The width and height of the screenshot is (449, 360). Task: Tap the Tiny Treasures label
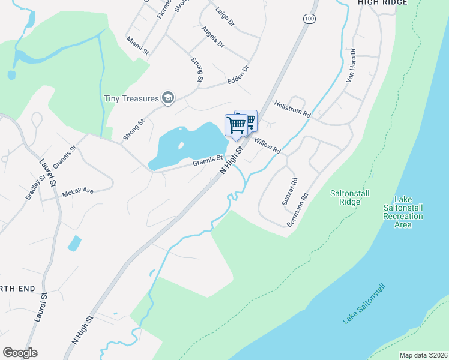coord(131,98)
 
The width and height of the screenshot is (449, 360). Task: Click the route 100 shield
coord(309,19)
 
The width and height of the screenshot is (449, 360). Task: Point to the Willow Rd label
coord(267,145)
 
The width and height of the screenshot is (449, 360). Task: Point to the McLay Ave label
coord(78,193)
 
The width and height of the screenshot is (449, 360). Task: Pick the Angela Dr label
coord(212,37)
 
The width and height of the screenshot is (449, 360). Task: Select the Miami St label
coord(138,46)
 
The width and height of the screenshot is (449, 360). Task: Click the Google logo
coord(20,353)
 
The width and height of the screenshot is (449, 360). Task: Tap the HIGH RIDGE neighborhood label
coord(382,3)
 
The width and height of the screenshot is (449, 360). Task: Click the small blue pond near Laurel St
coord(74,243)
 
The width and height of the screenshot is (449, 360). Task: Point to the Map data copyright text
coord(423,355)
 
